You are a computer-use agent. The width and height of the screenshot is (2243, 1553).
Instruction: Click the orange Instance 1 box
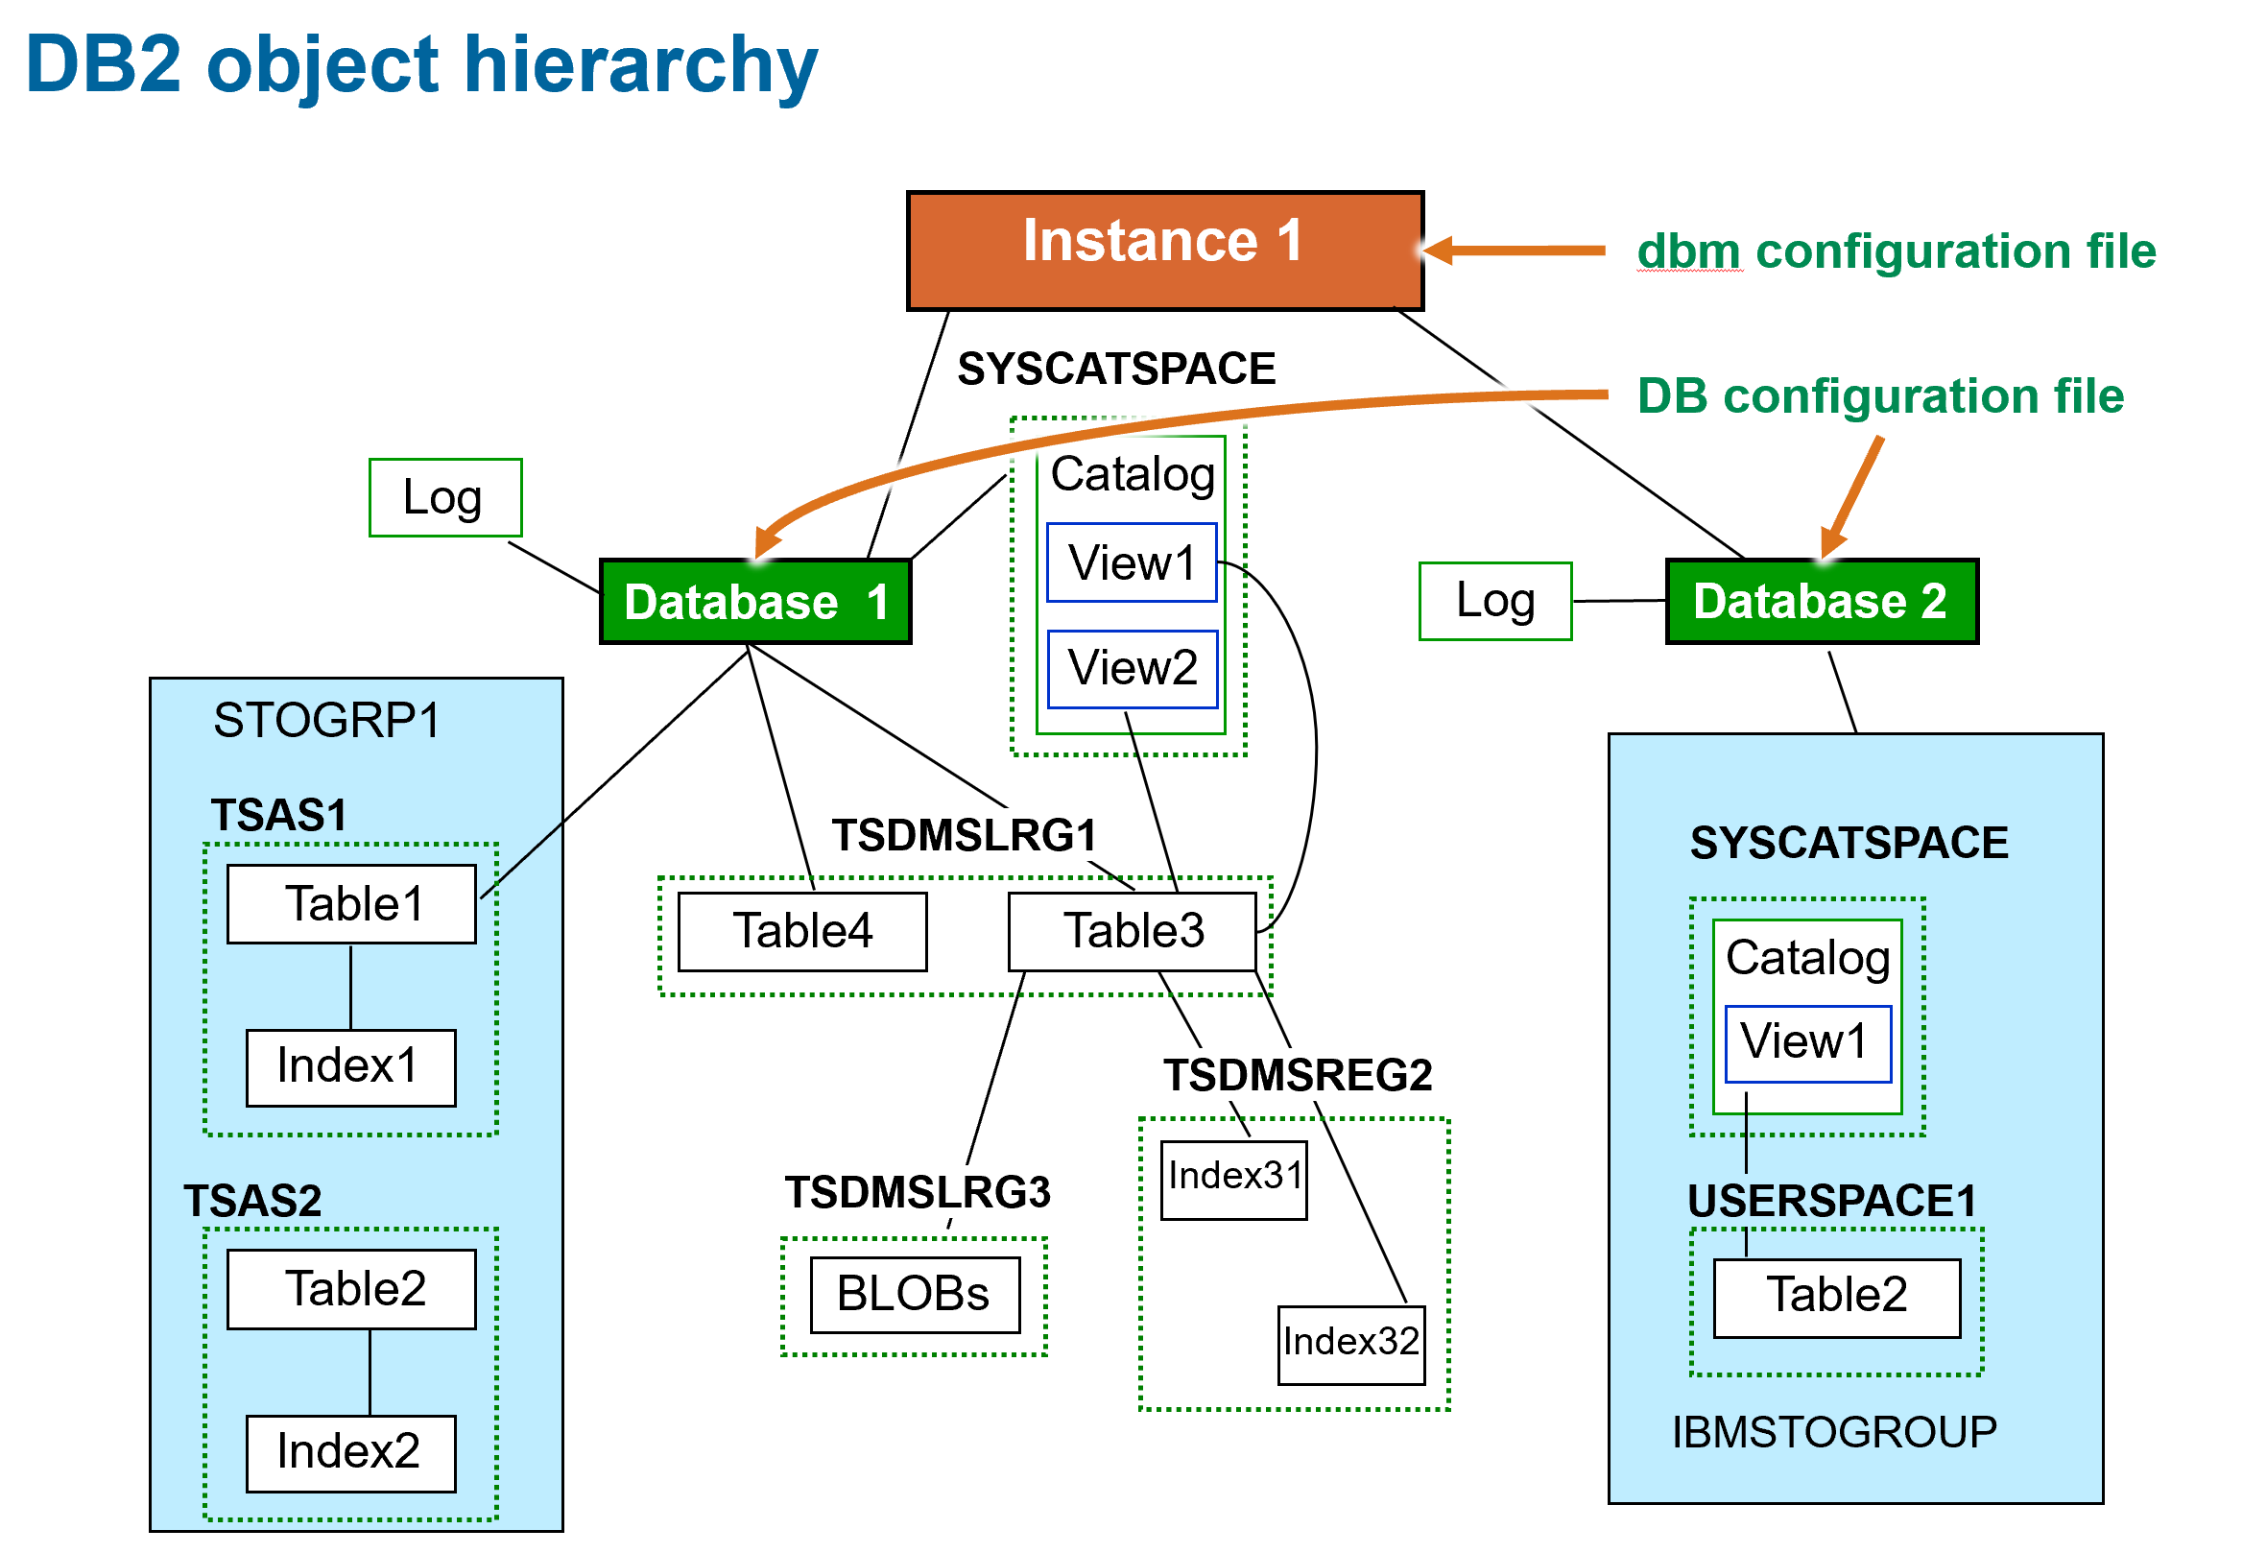(x=1164, y=251)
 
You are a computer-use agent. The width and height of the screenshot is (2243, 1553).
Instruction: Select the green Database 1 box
(x=755, y=601)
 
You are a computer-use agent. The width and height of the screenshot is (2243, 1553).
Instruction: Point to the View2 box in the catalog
(x=1131, y=668)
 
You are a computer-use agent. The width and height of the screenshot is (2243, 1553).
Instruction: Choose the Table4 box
(x=801, y=930)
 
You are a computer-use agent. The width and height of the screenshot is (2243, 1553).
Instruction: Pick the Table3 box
(x=1132, y=930)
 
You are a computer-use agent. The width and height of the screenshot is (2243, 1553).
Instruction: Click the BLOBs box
(x=914, y=1293)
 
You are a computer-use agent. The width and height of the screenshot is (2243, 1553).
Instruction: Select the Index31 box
(x=1233, y=1179)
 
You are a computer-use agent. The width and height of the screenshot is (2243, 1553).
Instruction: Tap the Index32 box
(x=1349, y=1343)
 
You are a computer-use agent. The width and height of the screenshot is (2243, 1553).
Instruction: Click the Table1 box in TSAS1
(x=351, y=903)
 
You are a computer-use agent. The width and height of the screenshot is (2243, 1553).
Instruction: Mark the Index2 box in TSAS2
(x=350, y=1452)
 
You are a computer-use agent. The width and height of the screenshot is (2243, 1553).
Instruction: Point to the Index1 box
(x=350, y=1066)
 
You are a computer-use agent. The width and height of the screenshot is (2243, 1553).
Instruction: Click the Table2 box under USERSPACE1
(x=1835, y=1296)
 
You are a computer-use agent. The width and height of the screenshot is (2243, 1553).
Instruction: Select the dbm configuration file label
(x=1895, y=251)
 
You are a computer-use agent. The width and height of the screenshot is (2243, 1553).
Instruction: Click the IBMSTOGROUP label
(x=1833, y=1431)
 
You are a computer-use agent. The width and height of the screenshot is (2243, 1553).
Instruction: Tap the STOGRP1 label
(x=326, y=720)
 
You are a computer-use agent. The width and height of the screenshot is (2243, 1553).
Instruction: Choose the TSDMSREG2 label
(x=1298, y=1074)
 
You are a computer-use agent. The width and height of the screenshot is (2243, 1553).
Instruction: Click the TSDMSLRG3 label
(x=917, y=1191)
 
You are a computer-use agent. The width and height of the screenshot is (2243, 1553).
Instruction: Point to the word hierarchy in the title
(x=641, y=66)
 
